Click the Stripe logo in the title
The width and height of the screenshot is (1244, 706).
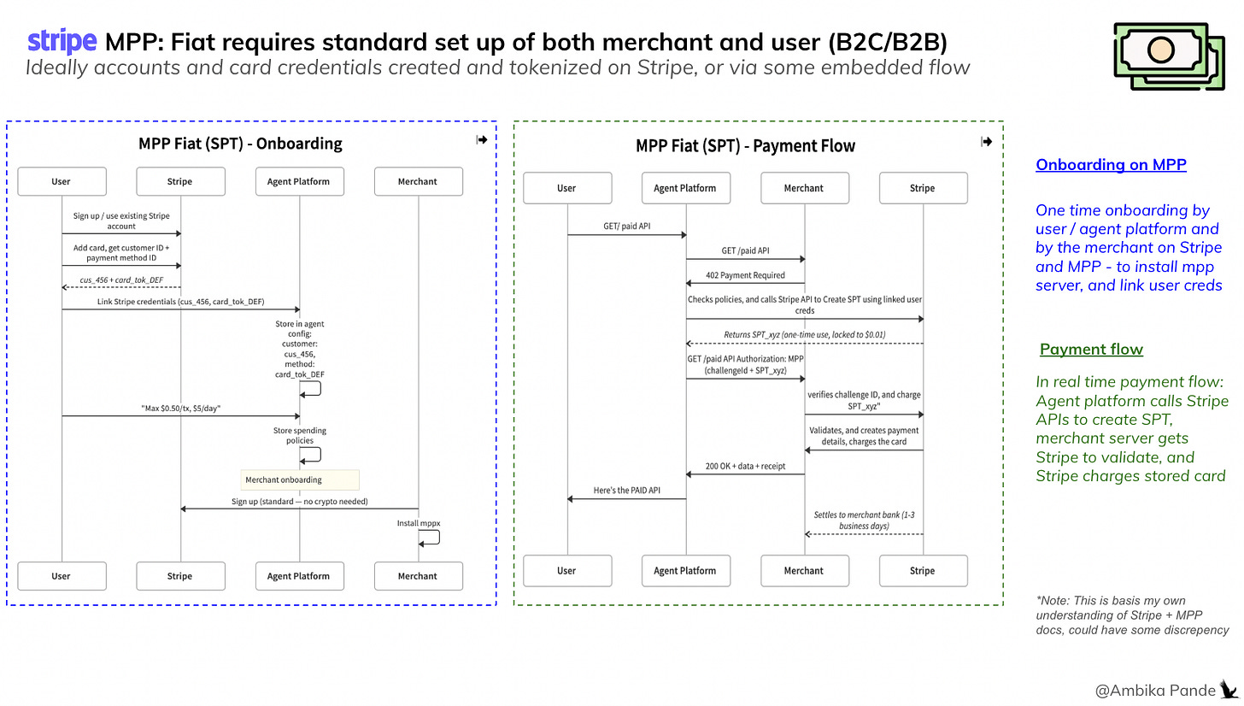(62, 41)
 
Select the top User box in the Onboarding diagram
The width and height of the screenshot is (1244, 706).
(61, 181)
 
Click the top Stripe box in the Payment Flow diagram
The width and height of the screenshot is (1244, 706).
(922, 188)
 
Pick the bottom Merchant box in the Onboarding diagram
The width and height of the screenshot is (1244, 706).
(418, 576)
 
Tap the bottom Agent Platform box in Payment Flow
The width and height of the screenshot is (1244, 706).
(684, 570)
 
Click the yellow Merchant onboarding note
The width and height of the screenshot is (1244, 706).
(300, 479)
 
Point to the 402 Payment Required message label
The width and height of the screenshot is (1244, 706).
(744, 275)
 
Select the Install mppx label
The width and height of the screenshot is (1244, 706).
(418, 522)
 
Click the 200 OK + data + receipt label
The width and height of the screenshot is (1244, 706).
(744, 467)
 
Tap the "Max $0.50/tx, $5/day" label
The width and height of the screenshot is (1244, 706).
(180, 409)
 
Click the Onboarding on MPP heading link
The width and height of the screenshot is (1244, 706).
(1111, 165)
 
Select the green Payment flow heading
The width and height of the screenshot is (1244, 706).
(1091, 350)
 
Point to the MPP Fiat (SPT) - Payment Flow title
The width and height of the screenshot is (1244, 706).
(745, 146)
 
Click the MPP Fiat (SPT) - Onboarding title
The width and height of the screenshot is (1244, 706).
(240, 144)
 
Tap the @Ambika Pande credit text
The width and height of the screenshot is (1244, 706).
(1155, 689)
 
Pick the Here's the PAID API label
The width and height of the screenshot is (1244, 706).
(626, 491)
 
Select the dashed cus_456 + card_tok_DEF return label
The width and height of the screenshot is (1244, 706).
(120, 279)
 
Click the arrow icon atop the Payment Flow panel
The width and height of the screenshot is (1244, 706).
(987, 142)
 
